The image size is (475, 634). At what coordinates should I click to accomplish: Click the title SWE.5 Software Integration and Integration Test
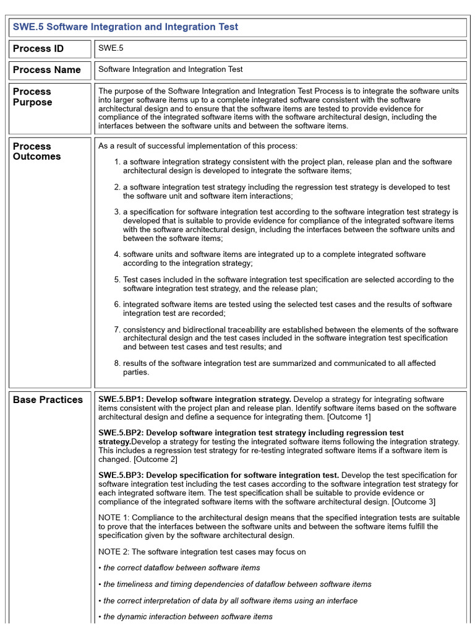(x=126, y=27)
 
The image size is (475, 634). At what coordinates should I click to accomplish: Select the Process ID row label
(x=38, y=49)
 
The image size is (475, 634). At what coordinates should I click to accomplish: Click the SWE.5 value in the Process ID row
(x=106, y=48)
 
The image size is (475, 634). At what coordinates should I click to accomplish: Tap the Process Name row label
(x=46, y=70)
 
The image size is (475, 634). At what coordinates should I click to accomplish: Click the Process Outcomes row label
(x=36, y=151)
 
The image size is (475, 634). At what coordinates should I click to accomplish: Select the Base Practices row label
(x=48, y=400)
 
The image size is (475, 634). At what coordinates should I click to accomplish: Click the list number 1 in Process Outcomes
(x=117, y=162)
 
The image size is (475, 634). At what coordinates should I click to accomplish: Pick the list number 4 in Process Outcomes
(x=117, y=254)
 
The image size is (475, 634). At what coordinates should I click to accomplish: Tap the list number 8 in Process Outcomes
(x=117, y=363)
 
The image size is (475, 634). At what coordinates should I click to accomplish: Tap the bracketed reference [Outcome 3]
(x=413, y=501)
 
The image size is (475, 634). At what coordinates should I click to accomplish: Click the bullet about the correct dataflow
(x=179, y=568)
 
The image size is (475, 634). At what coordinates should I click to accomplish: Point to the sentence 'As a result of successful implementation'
(x=198, y=146)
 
